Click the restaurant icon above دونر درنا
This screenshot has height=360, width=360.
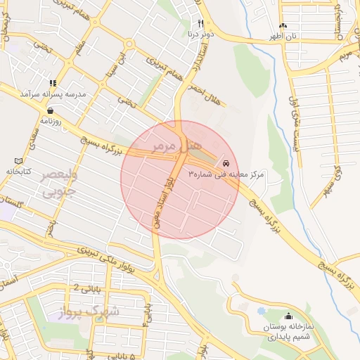point(200,23)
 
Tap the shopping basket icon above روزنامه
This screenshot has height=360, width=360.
point(50,110)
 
